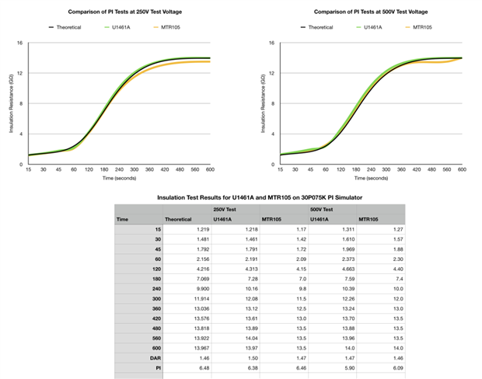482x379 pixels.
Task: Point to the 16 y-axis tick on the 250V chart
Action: [x=19, y=43]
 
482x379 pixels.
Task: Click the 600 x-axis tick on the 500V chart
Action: [x=462, y=170]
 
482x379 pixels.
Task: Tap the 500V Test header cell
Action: [x=321, y=210]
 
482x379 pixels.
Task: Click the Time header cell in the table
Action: [x=122, y=220]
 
